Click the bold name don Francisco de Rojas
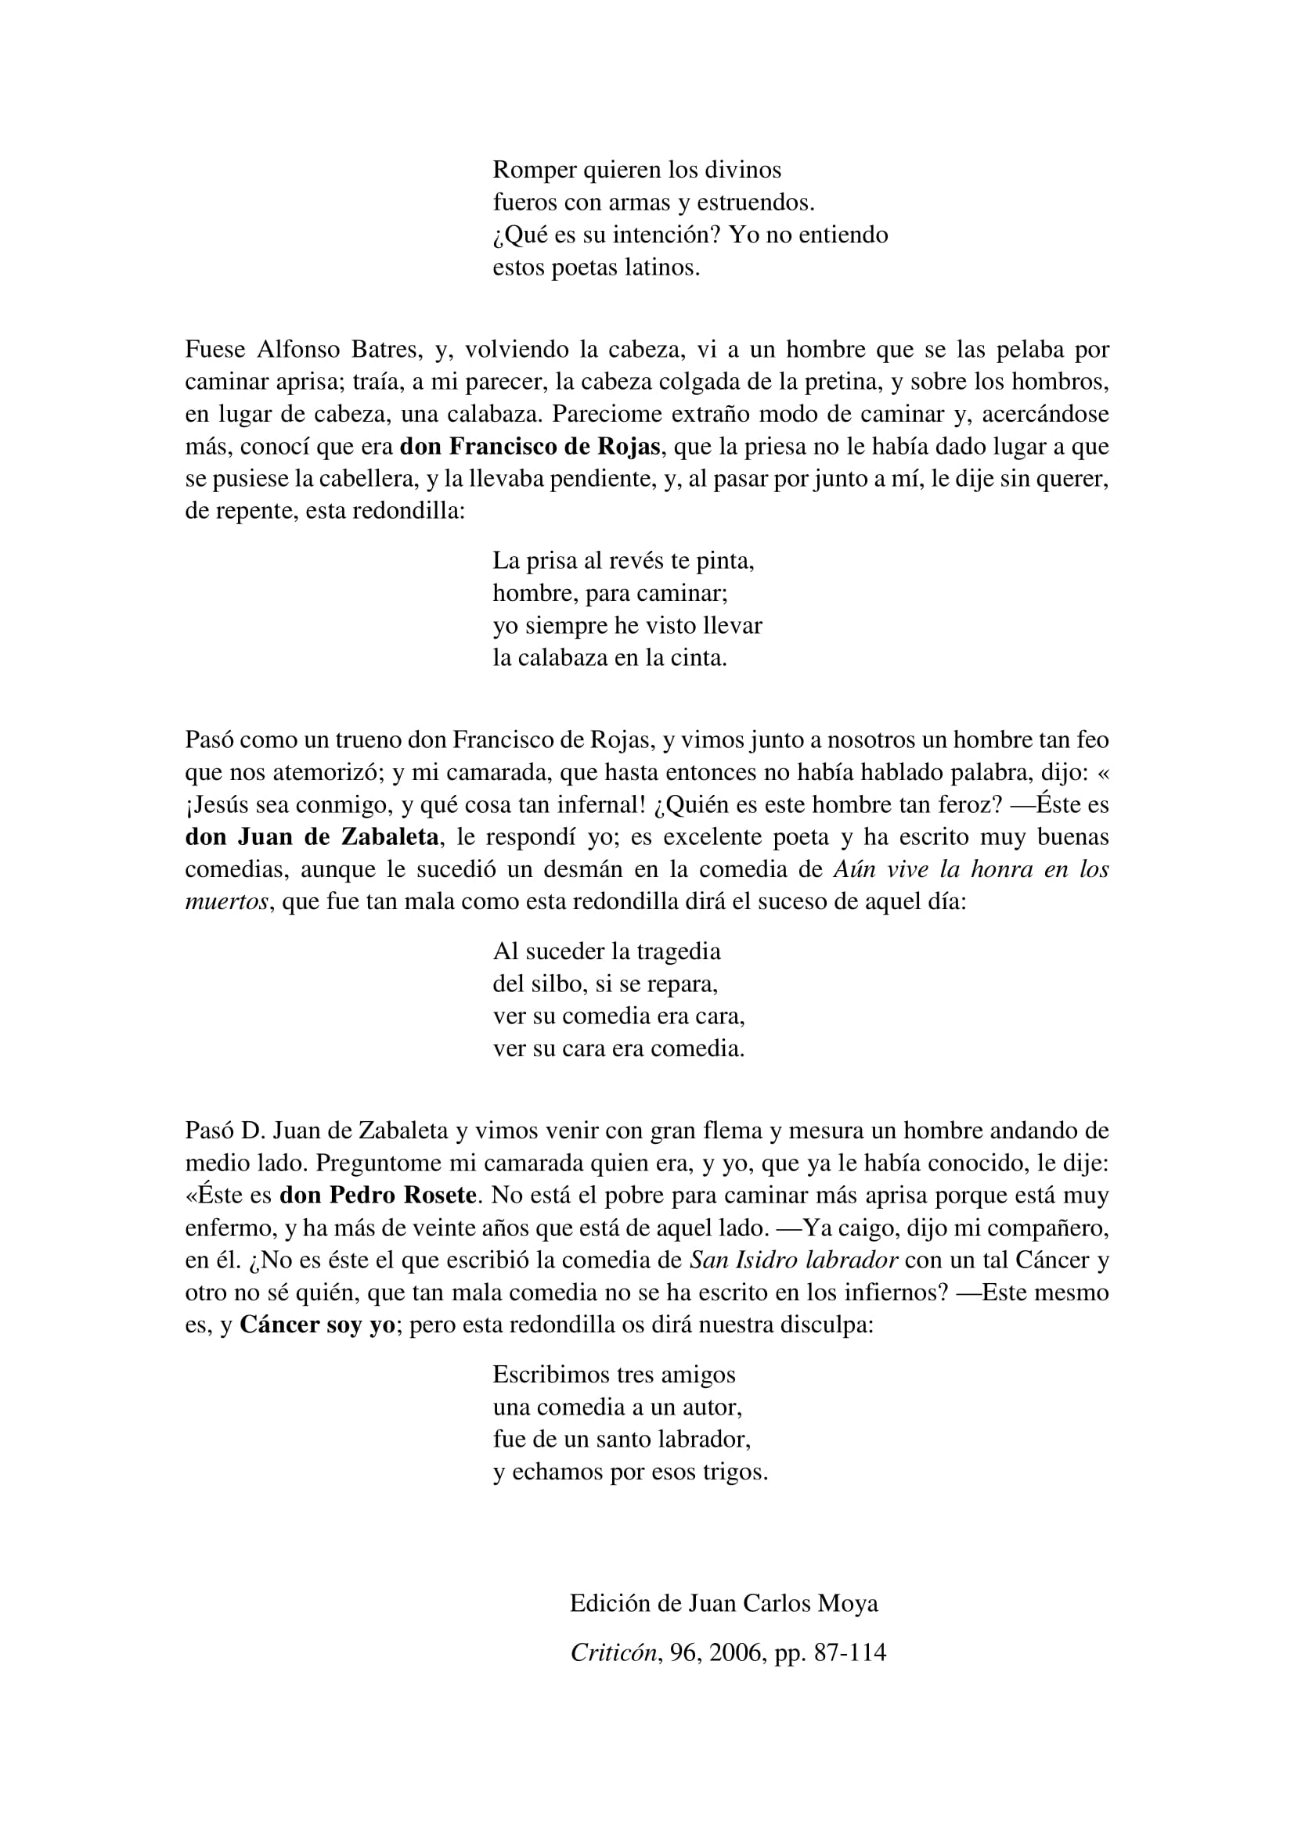pyautogui.click(x=530, y=446)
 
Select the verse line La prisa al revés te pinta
pyautogui.click(x=623, y=561)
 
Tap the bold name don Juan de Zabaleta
pyautogui.click(x=312, y=837)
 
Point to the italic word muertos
pyautogui.click(x=226, y=902)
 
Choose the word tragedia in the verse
pyautogui.click(x=679, y=951)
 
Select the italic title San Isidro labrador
pyautogui.click(x=793, y=1260)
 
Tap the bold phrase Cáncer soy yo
pyautogui.click(x=317, y=1325)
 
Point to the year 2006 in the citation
pyautogui.click(x=737, y=1653)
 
